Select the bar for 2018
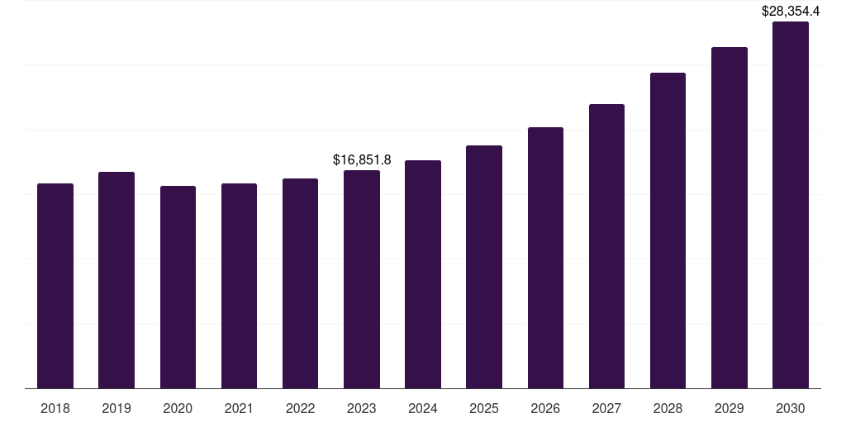(x=55, y=286)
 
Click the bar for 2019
(x=116, y=280)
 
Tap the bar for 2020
(x=178, y=287)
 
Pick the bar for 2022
(x=300, y=283)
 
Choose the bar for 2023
(x=362, y=279)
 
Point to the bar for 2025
(x=484, y=267)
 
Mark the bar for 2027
(x=606, y=246)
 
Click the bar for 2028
(x=668, y=231)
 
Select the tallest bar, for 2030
(x=791, y=205)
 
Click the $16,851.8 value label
(x=362, y=159)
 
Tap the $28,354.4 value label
(x=791, y=11)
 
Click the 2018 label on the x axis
(x=55, y=408)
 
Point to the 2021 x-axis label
(x=239, y=408)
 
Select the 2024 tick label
(x=423, y=408)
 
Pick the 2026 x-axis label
(x=545, y=408)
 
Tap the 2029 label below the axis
(x=730, y=408)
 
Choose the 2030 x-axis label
(x=791, y=408)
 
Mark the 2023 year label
(x=362, y=408)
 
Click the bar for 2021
(x=239, y=286)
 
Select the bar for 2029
(x=730, y=218)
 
